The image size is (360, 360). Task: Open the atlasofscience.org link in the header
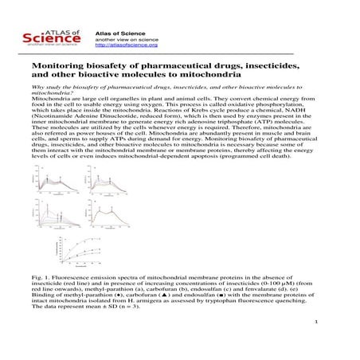[x=121, y=44]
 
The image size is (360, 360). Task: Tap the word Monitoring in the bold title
[x=57, y=69]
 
